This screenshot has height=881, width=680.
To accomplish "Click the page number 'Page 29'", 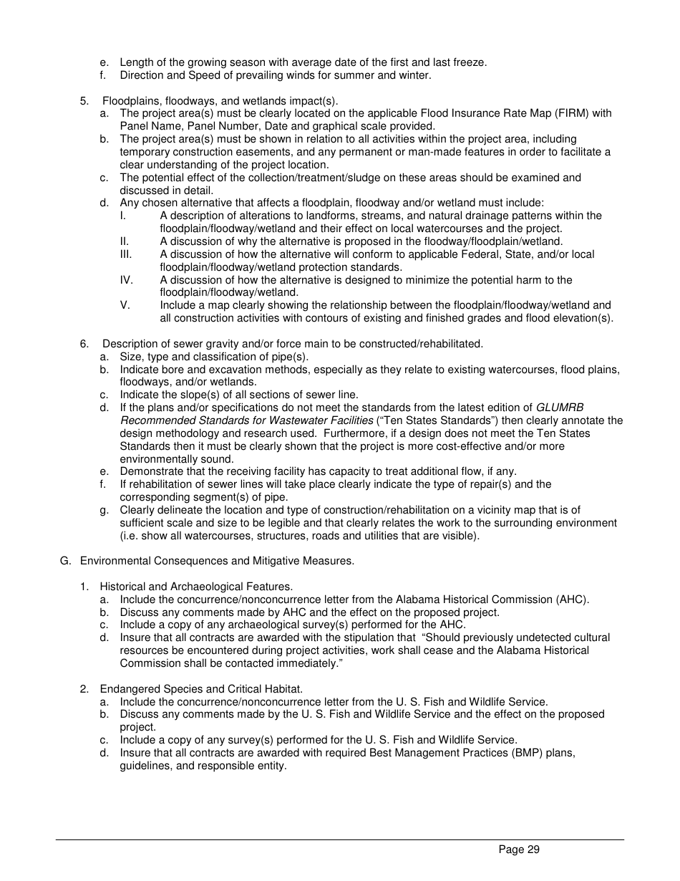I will [x=519, y=850].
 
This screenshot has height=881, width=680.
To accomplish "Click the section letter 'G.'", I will [x=66, y=561].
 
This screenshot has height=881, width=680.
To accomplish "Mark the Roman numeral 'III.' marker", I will [x=126, y=254].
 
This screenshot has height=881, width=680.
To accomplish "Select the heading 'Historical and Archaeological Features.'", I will [x=196, y=587].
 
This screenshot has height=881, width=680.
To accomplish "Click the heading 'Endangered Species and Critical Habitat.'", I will [x=201, y=689].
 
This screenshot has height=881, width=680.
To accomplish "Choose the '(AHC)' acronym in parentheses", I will [x=572, y=600].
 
